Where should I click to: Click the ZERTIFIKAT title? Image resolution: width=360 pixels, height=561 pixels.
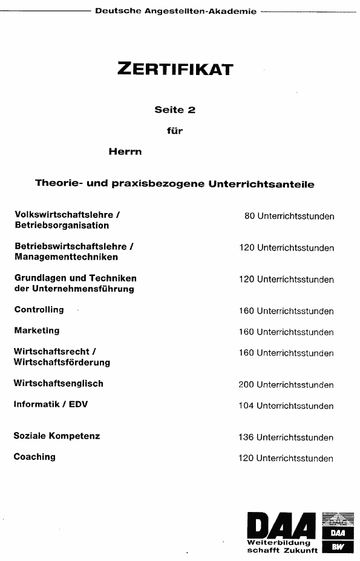pos(175,69)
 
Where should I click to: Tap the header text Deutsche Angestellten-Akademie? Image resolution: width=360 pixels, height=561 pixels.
pos(175,11)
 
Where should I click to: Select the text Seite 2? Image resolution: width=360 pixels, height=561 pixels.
pos(175,110)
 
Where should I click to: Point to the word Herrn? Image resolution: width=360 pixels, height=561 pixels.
pos(125,151)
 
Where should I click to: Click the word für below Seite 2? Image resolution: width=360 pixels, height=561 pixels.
pos(175,130)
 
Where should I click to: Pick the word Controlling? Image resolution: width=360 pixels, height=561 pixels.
pos(39,310)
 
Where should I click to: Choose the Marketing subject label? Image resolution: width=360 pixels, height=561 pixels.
pos(36,330)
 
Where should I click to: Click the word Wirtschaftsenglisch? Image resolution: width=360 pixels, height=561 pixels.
pos(58,383)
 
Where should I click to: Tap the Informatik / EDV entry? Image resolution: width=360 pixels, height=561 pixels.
pos(50,404)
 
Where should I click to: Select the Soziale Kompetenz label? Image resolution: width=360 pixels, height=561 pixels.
pos(56,436)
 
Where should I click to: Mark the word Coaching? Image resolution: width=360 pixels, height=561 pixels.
pos(34,457)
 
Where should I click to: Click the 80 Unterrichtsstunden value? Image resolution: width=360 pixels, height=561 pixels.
pos(289,216)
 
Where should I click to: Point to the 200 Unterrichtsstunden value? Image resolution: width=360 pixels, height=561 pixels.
pos(286,385)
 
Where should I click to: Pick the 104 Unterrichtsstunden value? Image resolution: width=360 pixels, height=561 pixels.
pos(286,406)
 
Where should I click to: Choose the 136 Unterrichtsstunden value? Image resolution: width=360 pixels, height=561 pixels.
pos(286,438)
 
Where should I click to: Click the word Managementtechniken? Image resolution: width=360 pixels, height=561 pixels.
pos(66,257)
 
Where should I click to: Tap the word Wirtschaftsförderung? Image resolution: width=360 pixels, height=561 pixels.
pos(62,363)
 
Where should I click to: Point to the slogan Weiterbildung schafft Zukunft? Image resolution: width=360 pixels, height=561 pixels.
pos(282,547)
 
